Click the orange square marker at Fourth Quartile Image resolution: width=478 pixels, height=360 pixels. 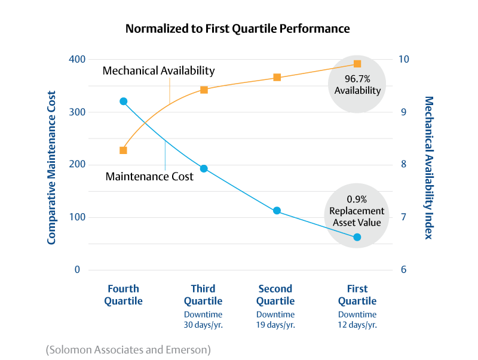(123, 150)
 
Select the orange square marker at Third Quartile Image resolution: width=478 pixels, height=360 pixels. (204, 90)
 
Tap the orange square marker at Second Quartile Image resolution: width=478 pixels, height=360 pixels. (277, 77)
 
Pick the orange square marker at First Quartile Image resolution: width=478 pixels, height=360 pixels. (357, 64)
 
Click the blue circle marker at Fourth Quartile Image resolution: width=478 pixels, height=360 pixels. (123, 101)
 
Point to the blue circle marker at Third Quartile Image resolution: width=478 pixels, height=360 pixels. (204, 169)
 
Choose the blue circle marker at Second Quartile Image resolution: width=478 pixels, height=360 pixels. (277, 211)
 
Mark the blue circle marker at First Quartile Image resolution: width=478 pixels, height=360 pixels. (357, 237)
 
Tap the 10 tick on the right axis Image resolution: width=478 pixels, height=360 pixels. (404, 60)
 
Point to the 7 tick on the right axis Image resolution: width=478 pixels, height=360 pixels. (404, 217)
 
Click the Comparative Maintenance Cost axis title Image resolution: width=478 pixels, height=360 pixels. (52, 167)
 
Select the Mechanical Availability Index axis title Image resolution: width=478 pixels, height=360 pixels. (428, 167)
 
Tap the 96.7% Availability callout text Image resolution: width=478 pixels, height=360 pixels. (357, 85)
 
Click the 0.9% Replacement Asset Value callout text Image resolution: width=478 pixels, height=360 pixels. (357, 211)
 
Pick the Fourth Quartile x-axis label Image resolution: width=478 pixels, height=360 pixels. (124, 295)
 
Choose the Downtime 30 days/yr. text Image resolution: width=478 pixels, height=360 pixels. (203, 320)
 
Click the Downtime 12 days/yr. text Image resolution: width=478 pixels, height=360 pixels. (357, 320)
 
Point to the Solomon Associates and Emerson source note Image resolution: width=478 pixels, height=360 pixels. (128, 349)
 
